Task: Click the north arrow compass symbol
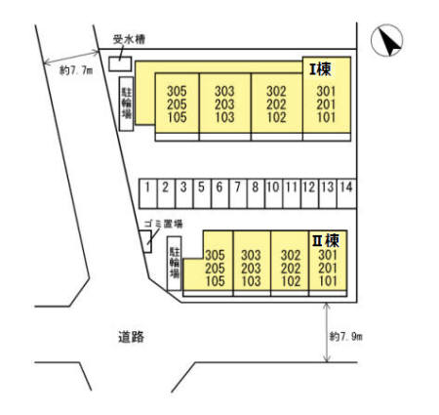(386, 40)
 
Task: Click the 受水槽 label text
(129, 39)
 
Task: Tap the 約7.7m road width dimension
(76, 70)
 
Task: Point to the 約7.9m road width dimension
(345, 336)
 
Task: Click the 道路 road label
(131, 337)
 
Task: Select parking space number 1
(148, 193)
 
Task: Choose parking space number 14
(346, 193)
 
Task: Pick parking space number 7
(238, 193)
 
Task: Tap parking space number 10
(273, 193)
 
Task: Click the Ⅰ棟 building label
(320, 69)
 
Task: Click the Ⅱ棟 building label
(326, 240)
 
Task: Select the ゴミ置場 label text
(163, 224)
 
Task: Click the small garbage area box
(145, 241)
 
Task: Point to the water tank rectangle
(120, 63)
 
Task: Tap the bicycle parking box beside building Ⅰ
(126, 104)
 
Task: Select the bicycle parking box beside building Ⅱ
(174, 264)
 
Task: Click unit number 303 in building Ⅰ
(224, 91)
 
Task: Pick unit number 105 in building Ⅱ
(215, 281)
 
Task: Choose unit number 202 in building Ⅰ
(276, 104)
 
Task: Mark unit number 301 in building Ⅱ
(328, 255)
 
